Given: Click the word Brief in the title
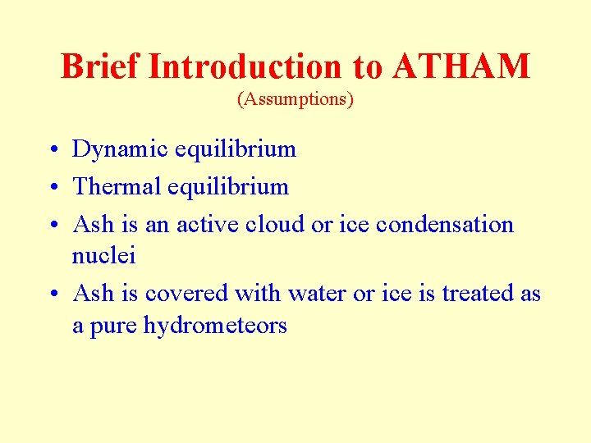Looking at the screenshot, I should point(100,66).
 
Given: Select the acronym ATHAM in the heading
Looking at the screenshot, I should point(461,66).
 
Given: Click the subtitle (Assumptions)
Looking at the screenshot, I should point(295,99).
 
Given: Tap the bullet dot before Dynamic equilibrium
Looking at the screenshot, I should point(52,150).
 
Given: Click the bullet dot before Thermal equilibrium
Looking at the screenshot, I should point(52,188).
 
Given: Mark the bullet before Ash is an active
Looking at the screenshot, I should point(52,226).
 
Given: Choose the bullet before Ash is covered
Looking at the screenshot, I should point(52,295).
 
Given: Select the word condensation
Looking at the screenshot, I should point(451,225).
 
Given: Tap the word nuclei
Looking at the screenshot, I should point(103,256).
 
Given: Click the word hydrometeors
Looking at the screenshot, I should point(215,326).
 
